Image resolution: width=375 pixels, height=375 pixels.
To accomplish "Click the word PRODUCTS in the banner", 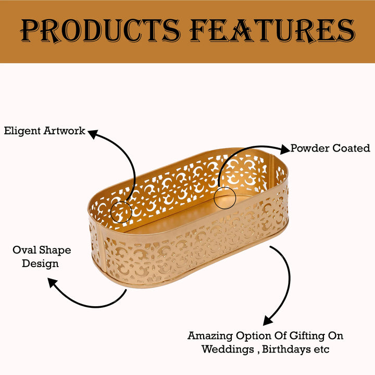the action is click(99, 31).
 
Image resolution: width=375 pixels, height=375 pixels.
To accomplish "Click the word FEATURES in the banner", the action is click(272, 31).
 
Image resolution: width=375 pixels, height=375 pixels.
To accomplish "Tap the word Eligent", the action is click(22, 131).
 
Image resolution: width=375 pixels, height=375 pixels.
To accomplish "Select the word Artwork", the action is click(65, 131).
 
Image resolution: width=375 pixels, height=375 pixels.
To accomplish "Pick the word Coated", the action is click(352, 148).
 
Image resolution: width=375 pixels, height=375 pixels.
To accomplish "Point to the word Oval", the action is click(24, 250).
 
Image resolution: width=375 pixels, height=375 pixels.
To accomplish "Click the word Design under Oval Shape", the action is click(40, 264).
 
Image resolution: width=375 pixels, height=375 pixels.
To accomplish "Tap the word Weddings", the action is click(228, 349).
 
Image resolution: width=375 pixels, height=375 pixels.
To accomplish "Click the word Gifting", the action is click(307, 336).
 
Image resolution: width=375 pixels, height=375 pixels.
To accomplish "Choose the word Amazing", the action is click(210, 336).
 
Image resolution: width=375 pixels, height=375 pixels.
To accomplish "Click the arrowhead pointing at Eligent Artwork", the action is click(93, 134).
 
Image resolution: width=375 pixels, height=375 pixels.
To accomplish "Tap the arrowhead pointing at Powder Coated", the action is click(285, 149).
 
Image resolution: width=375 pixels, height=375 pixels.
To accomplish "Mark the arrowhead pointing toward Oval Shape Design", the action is click(53, 283).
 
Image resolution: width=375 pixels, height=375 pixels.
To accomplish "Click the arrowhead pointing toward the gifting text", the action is click(268, 320).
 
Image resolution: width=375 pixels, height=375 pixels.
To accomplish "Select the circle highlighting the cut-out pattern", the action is click(121, 202).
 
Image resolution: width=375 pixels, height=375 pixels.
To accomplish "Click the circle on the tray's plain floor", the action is click(225, 187).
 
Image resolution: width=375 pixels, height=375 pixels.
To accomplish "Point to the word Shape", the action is click(55, 251).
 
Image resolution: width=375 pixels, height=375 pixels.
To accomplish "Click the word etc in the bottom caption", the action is click(322, 350).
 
